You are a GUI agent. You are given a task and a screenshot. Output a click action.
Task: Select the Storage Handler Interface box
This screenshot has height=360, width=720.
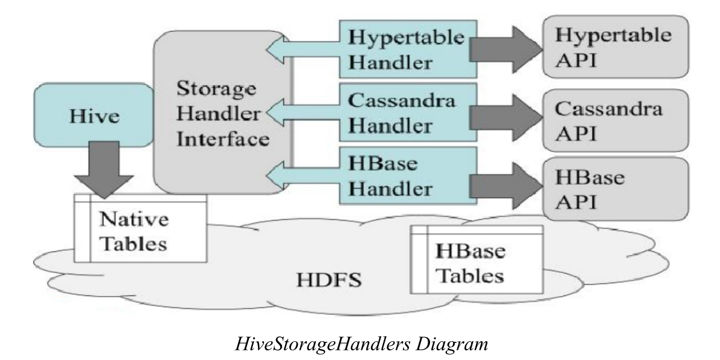click(221, 115)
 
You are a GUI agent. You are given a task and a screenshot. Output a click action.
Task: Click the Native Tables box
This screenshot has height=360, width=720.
click(138, 228)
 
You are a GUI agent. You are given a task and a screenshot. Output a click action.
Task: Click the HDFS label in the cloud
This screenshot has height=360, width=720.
click(321, 281)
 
